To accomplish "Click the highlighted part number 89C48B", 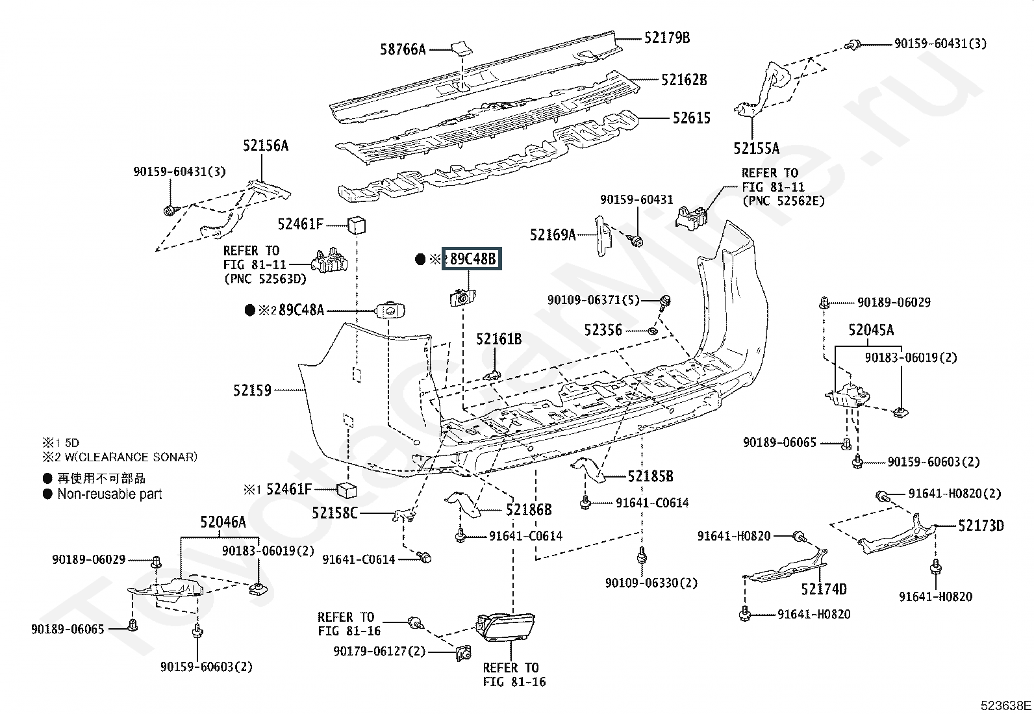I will pyautogui.click(x=472, y=259).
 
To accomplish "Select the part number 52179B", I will pyautogui.click(x=667, y=38).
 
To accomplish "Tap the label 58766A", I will pyautogui.click(x=403, y=49).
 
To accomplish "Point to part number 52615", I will pyautogui.click(x=691, y=118).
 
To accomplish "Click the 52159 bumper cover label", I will pyautogui.click(x=252, y=390).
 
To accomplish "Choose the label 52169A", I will pyautogui.click(x=553, y=235).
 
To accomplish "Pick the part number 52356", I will pyautogui.click(x=603, y=330).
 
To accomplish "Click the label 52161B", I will pyautogui.click(x=498, y=339).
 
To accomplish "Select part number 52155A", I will pyautogui.click(x=756, y=149).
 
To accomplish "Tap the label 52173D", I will pyautogui.click(x=981, y=525).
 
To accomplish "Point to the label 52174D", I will pyautogui.click(x=824, y=589).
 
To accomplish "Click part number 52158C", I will pyautogui.click(x=334, y=513).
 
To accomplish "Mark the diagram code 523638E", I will pyautogui.click(x=1005, y=705).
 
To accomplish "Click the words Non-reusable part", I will pyautogui.click(x=109, y=494).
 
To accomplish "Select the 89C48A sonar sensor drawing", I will pyautogui.click(x=391, y=311).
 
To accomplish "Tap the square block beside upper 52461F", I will pyautogui.click(x=357, y=225).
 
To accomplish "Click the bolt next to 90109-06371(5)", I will pyautogui.click(x=665, y=301).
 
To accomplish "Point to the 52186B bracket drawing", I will pyautogui.click(x=462, y=503).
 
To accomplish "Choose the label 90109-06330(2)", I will pyautogui.click(x=651, y=583).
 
